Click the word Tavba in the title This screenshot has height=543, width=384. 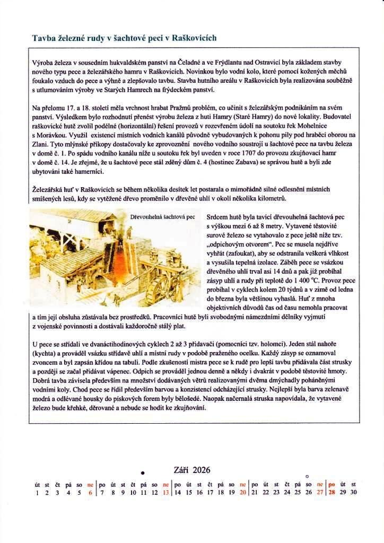(43, 38)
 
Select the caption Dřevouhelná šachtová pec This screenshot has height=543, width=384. (162, 217)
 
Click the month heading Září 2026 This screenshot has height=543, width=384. (192, 470)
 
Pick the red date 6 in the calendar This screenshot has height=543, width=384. (90, 492)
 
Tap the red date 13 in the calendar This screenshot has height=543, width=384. (166, 492)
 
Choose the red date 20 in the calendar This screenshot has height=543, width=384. (242, 492)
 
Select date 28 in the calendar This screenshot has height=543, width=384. (332, 492)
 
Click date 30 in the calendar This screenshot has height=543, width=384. (354, 492)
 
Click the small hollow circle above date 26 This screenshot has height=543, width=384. (308, 475)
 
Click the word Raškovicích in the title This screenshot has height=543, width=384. (192, 38)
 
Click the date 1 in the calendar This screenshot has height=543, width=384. (37, 492)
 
